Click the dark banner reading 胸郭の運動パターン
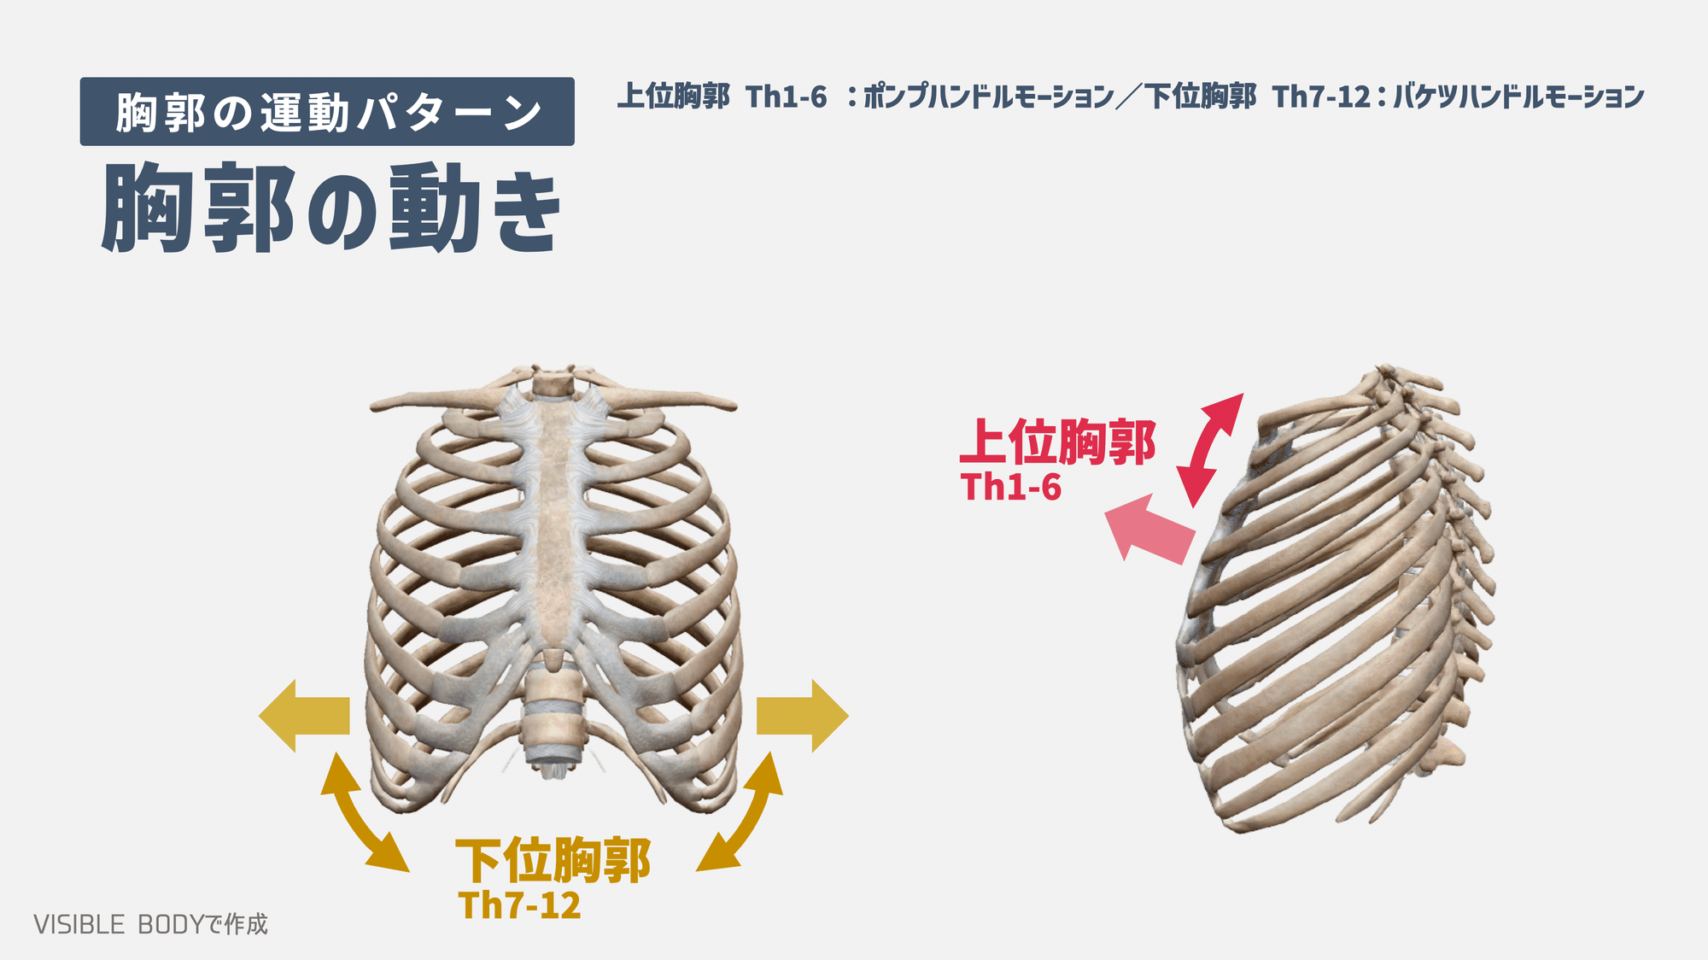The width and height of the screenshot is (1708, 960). [327, 112]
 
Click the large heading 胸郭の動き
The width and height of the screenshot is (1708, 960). [331, 208]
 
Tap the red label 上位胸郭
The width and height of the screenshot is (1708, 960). [1057, 442]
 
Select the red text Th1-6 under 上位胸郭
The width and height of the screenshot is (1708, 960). [1011, 488]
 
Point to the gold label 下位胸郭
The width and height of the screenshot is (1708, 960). [553, 860]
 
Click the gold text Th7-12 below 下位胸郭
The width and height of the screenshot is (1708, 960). [519, 906]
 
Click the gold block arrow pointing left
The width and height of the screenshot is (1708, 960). [305, 716]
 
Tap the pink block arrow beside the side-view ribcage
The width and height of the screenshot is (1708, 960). [1149, 530]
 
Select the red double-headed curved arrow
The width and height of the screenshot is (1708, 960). [1209, 449]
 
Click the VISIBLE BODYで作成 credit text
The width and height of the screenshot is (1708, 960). [150, 924]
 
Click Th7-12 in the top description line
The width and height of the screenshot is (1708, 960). [1321, 97]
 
